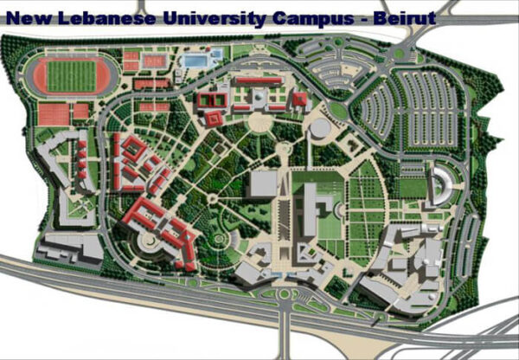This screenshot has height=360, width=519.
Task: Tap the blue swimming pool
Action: click(196, 61)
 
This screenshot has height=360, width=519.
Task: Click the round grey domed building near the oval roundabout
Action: click(320, 129)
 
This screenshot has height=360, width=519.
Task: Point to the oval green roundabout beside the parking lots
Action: click(337, 110)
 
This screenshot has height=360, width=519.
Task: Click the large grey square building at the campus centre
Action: click(264, 183)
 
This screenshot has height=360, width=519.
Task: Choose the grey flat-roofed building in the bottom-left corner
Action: click(73, 247)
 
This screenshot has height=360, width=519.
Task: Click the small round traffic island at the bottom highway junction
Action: click(284, 294)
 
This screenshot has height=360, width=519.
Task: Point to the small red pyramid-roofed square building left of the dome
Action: click(299, 100)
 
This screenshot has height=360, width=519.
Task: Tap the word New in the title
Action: click(29, 16)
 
